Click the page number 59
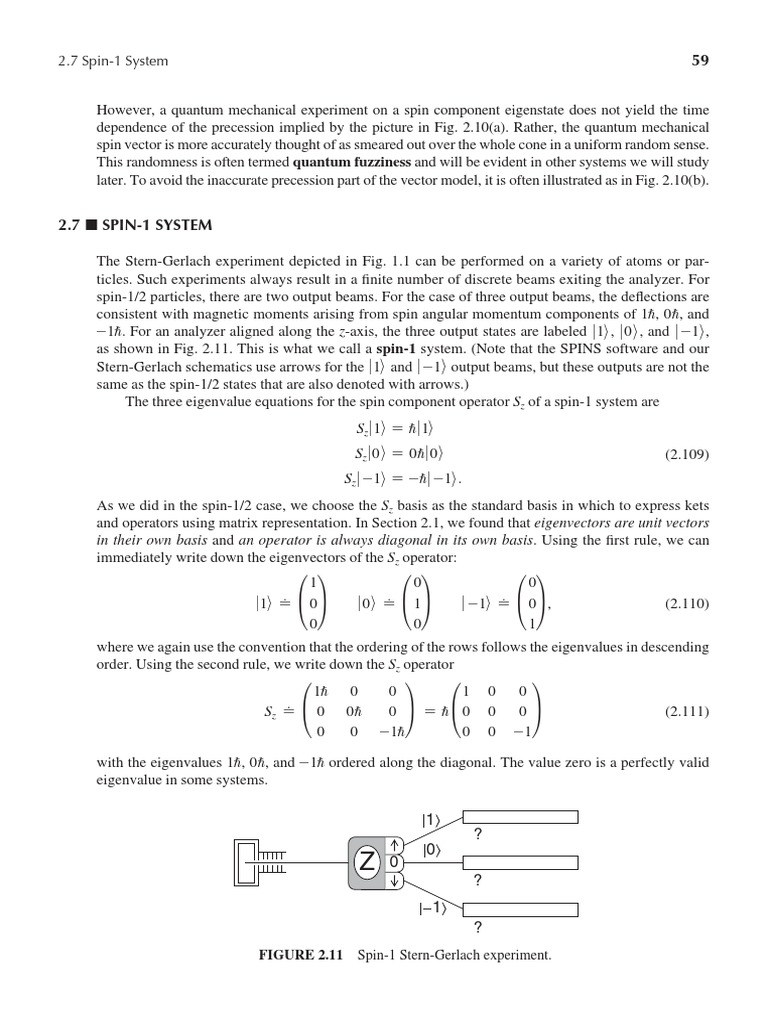pyautogui.click(x=700, y=61)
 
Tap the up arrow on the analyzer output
pyautogui.click(x=395, y=842)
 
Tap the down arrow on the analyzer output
pyautogui.click(x=395, y=881)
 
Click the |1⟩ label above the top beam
pyautogui.click(x=431, y=820)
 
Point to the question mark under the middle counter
pyautogui.click(x=477, y=880)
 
